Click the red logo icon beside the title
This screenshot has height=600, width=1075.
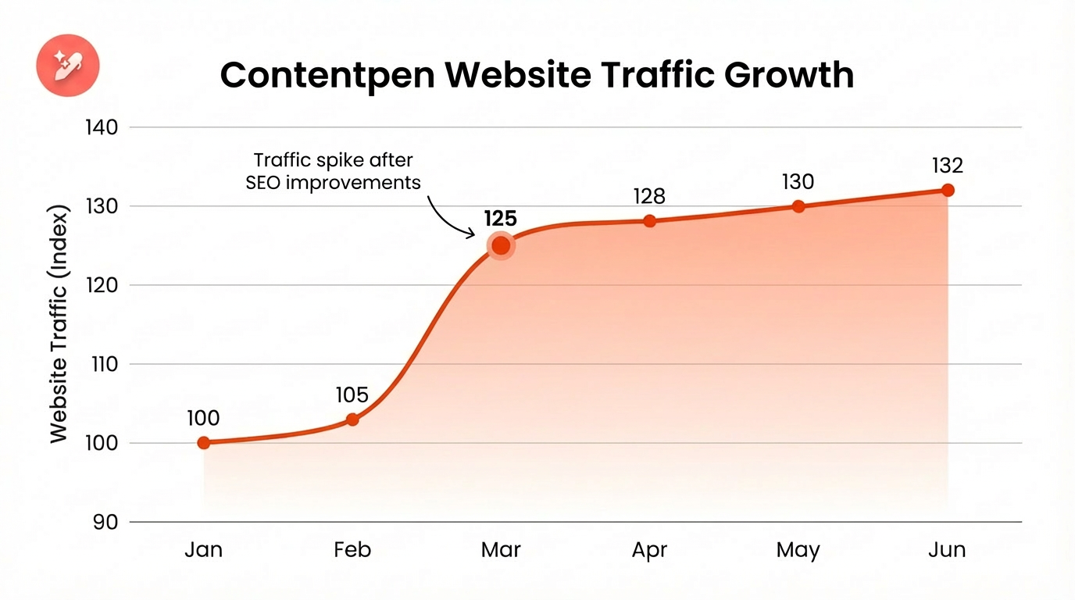pos(68,65)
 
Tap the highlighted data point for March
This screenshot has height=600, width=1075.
pos(500,246)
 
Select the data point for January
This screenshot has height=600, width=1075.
pos(204,443)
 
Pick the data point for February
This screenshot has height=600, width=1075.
pos(352,420)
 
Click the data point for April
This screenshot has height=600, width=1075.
pos(650,221)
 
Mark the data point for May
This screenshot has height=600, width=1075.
pos(798,206)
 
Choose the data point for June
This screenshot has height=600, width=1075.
pos(948,190)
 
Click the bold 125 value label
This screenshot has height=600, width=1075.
pos(500,218)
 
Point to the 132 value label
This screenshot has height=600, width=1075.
pos(948,166)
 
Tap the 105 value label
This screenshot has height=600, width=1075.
pos(352,395)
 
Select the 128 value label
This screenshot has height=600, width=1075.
pos(650,197)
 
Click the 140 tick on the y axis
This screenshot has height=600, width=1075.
pos(100,127)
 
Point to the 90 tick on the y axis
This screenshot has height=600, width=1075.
pos(105,522)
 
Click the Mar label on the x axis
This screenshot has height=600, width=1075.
pos(500,550)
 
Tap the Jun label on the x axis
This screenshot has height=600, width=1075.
pos(947,550)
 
